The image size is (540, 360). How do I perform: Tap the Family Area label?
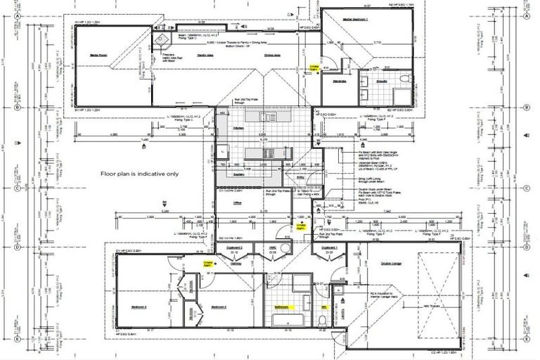pos(205,54)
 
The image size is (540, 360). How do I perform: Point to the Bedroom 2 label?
pos(221,307)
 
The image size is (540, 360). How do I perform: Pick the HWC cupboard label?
pos(272,248)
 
